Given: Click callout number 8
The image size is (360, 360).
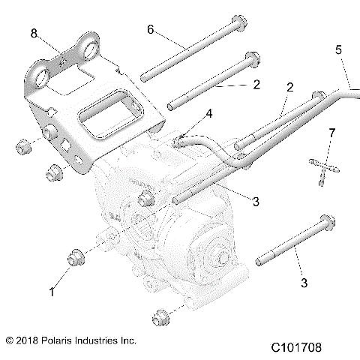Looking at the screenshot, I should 33,33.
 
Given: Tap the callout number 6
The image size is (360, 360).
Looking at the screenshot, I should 150,29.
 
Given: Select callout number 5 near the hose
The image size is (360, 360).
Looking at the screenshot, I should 338,50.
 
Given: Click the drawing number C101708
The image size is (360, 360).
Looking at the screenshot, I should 307,348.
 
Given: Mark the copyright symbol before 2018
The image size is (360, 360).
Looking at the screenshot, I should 10,340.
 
